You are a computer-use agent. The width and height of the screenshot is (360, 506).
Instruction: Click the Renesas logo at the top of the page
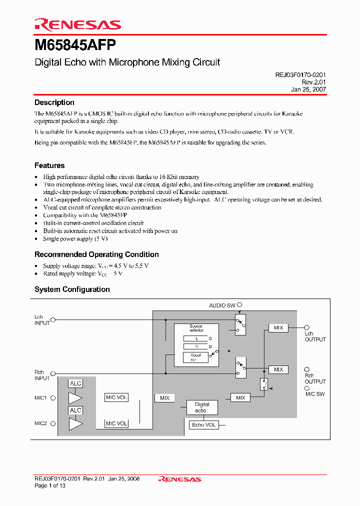coord(77,24)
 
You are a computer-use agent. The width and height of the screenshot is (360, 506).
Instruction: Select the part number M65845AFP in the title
coord(75,45)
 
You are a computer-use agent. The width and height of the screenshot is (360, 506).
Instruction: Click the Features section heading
coord(49,165)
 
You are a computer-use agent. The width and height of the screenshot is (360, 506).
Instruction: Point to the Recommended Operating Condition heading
coord(96,254)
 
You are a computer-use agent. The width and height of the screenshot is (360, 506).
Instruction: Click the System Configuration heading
coord(72,289)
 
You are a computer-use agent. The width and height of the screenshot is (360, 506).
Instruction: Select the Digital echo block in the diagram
coord(202,407)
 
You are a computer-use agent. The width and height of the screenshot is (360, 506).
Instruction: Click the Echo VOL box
coord(204,425)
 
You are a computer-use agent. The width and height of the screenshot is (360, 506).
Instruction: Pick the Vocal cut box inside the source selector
coord(195,357)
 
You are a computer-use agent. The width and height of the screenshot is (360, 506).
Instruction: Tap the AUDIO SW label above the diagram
coord(222,305)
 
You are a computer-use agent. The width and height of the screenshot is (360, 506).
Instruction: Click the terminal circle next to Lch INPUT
coord(53,320)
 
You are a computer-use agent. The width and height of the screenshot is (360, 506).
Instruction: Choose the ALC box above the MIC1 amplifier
coord(75,383)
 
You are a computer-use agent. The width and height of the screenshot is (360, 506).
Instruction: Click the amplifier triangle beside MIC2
coord(75,424)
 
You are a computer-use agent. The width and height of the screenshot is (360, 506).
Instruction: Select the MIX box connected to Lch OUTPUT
coord(278,328)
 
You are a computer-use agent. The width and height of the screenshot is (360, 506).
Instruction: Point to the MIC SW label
coord(315,394)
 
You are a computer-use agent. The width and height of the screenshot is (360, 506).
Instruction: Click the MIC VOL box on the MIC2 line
coord(116,423)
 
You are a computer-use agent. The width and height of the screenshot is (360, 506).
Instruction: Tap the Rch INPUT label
coord(41,375)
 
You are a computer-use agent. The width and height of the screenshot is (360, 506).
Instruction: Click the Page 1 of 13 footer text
coord(50,485)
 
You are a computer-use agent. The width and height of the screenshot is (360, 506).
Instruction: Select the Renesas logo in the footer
coord(179,479)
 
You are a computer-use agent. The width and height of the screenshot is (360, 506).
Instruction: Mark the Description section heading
coord(54,102)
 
